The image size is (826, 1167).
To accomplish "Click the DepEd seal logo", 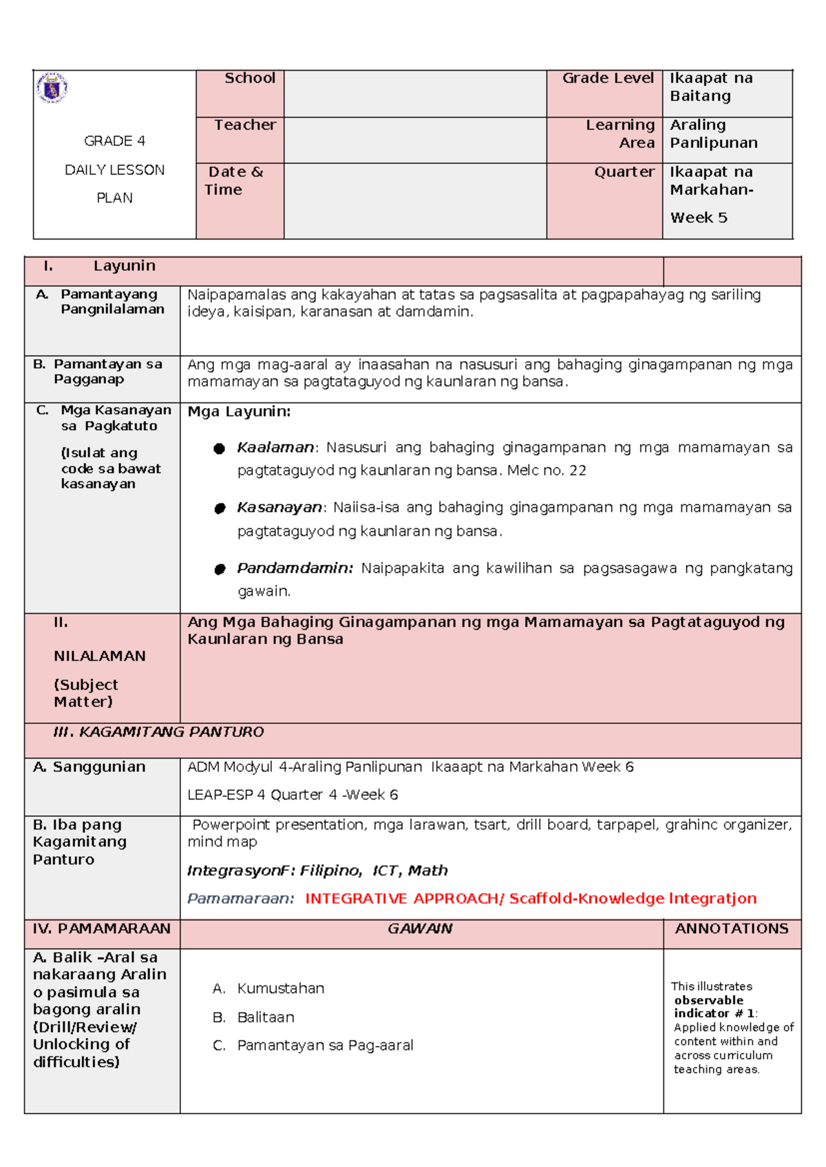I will point(52,88).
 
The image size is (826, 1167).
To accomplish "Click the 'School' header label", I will point(249,78).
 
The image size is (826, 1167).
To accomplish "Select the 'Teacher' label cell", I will point(244,125).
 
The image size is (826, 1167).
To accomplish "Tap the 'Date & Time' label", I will point(235,180).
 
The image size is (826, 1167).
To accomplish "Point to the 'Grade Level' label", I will point(607,78).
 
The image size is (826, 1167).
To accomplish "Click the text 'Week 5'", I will point(698,218).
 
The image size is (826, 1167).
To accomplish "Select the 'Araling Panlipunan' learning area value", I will point(713,134).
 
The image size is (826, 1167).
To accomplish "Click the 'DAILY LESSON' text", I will point(114,170).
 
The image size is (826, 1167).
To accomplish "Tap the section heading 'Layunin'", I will point(124,266).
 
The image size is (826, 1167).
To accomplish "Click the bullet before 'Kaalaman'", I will point(220,449).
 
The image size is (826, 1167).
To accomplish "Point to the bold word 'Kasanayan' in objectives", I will point(279,508).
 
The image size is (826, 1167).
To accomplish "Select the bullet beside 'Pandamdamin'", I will point(220,569).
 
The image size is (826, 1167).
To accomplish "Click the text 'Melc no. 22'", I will point(547,471).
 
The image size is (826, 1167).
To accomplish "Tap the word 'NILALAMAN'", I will point(99,656).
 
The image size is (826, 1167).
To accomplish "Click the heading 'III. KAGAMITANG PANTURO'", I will point(158,732).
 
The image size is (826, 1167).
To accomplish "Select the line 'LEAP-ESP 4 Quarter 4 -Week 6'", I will point(293,795).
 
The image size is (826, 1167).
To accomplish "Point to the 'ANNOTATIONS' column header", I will point(731,929).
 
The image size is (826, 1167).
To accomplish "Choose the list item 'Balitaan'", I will point(265,1018).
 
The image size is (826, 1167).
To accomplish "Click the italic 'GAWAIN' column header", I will point(420,929).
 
